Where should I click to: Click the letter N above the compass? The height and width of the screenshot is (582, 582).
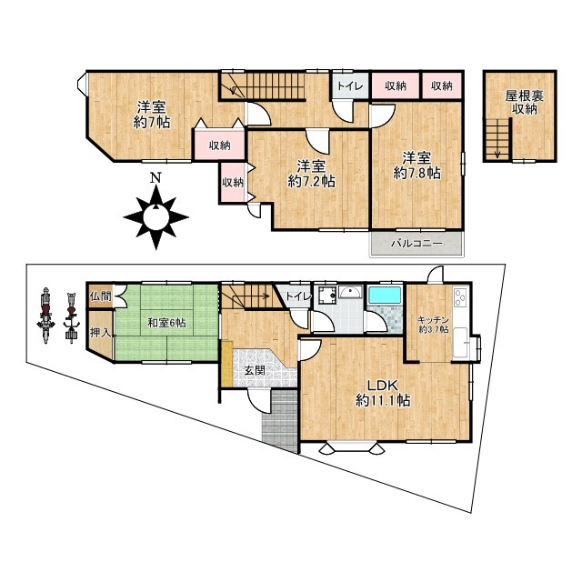(156, 178)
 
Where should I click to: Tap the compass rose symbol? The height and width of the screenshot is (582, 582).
(156, 217)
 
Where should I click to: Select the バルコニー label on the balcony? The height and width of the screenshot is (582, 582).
(416, 244)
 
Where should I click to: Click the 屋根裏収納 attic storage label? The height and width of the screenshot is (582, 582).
(525, 103)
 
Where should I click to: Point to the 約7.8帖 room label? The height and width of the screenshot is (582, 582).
(416, 166)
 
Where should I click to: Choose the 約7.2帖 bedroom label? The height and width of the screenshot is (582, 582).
(311, 174)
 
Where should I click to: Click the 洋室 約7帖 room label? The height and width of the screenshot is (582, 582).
(152, 115)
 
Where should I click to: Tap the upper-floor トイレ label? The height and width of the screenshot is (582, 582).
(350, 86)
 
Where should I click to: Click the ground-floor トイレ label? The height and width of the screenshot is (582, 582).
(298, 297)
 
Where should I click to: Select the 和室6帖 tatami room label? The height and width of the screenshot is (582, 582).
(167, 323)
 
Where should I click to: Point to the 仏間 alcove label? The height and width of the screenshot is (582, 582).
(101, 296)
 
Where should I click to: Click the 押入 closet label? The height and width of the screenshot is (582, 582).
(101, 333)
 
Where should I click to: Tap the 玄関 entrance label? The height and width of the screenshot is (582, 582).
(255, 370)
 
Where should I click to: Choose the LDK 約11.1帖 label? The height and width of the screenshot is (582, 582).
(383, 393)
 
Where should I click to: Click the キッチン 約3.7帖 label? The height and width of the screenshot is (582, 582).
(433, 325)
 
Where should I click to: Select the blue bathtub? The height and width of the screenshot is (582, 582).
(385, 296)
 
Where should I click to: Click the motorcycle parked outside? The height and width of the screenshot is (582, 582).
(45, 316)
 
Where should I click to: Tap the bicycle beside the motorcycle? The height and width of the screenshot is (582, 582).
(71, 318)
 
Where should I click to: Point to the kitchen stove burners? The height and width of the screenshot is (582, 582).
(461, 297)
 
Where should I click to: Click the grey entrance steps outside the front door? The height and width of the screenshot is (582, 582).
(281, 421)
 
